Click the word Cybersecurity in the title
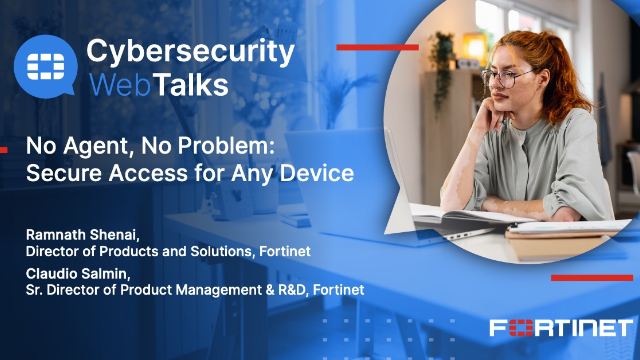[x=190, y=51]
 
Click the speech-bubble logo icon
[x=44, y=66]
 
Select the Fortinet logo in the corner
[x=561, y=328]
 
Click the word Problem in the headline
[x=236, y=145]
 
